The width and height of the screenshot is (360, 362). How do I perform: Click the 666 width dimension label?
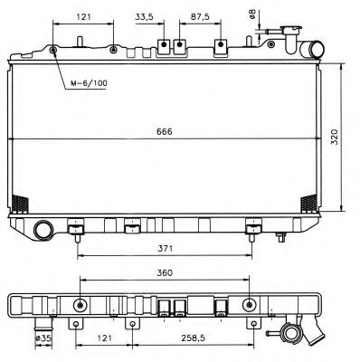[x=165, y=132]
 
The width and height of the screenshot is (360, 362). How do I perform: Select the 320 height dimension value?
[x=335, y=137]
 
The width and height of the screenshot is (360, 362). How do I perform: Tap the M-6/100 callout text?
[x=89, y=83]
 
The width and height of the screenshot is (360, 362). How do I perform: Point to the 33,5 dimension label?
[x=144, y=17]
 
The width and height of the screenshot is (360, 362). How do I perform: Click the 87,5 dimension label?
[x=200, y=17]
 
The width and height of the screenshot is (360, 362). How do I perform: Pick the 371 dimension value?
[x=165, y=249]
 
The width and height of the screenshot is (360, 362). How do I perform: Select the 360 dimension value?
[x=165, y=272]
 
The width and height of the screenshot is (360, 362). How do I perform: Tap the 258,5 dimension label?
[x=193, y=338]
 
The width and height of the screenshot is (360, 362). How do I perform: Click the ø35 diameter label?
[x=43, y=338]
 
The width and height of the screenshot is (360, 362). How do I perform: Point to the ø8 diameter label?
[x=251, y=14]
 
